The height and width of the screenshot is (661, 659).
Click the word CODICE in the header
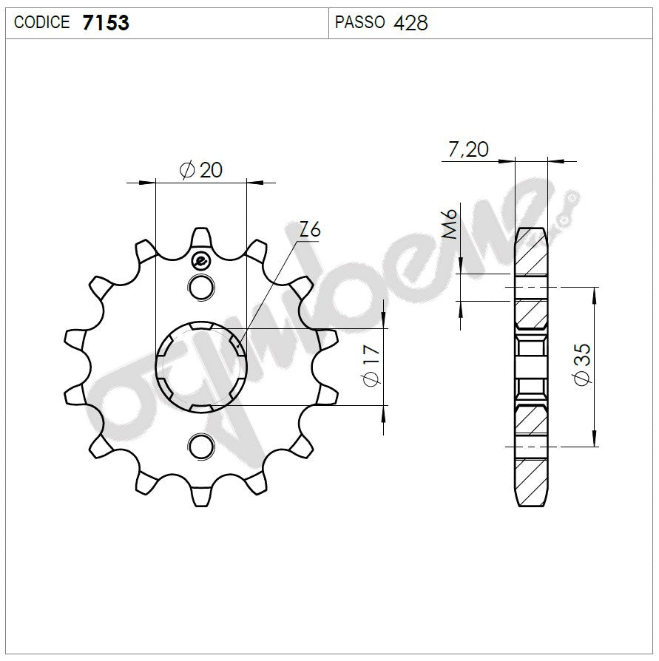(41, 22)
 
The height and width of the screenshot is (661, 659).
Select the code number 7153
(105, 22)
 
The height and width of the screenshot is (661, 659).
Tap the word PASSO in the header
(359, 22)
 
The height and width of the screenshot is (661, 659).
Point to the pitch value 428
(410, 22)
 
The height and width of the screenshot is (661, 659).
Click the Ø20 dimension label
(201, 170)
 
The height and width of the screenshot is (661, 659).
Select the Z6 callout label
(310, 230)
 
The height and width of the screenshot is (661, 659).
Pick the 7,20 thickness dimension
(468, 149)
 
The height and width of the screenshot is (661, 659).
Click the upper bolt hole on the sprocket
(200, 287)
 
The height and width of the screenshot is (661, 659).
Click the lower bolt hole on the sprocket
(200, 445)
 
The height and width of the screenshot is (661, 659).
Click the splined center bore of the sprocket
(200, 367)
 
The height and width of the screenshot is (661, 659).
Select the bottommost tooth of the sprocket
(200, 496)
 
